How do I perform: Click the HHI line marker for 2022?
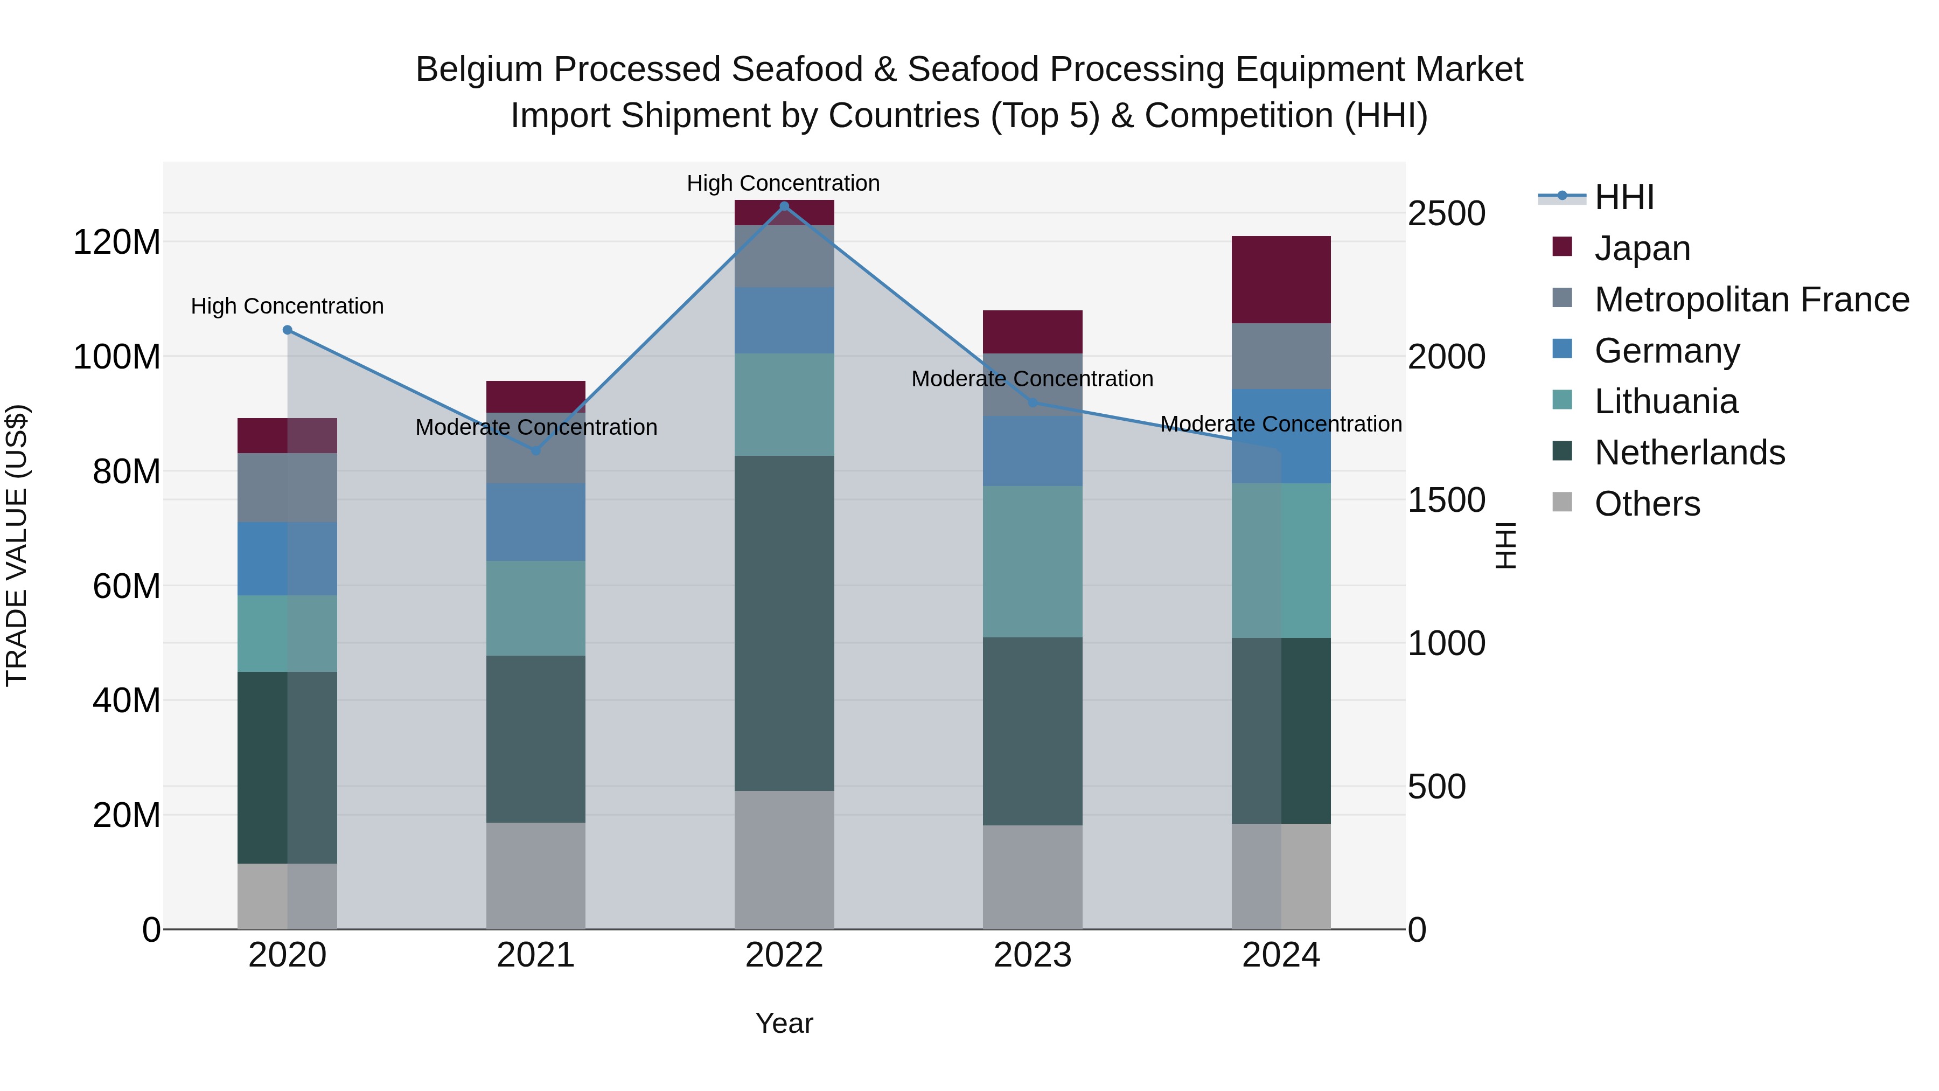784,206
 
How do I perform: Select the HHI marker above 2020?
287,330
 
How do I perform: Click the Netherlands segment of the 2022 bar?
784,623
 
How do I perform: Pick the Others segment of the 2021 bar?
535,875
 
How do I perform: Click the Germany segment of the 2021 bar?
535,521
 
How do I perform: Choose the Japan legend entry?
1642,248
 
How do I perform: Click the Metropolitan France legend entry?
1751,300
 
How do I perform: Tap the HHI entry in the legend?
1623,197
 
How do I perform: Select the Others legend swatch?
1563,502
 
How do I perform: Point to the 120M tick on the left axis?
117,242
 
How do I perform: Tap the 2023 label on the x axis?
1032,955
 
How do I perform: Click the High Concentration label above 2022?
783,183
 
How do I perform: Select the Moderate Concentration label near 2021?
536,427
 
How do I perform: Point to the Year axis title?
784,1023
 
